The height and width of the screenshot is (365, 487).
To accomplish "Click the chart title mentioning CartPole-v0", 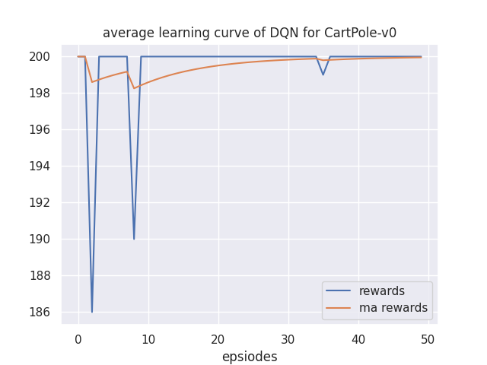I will pos(250,33).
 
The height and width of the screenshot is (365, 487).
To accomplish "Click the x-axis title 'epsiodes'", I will pos(250,357).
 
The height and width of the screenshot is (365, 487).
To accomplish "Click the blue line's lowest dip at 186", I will pos(92,311).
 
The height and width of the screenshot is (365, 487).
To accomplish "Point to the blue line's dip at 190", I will pos(134,239).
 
